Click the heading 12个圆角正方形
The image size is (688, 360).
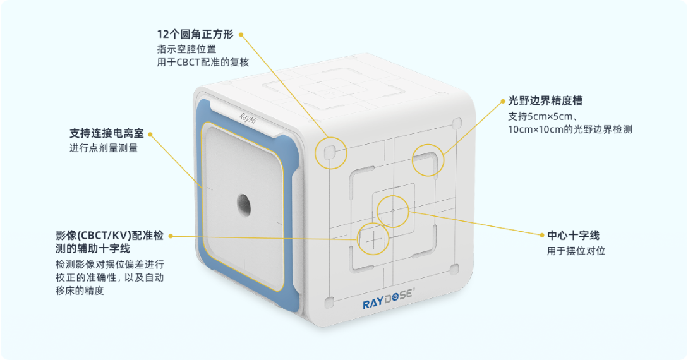195,34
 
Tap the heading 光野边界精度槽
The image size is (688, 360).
545,101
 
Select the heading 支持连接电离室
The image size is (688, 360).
106,134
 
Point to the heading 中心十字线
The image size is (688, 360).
573,236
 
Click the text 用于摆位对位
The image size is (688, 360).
576,251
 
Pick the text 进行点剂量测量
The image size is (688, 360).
103,148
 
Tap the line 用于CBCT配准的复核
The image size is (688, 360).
203,62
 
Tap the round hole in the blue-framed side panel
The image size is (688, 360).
244,203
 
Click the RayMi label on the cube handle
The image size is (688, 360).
248,117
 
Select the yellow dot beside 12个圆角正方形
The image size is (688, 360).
241,34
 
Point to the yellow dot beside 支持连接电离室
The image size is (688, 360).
150,134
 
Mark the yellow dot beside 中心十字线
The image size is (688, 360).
541,236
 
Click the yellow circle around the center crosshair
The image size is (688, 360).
393,210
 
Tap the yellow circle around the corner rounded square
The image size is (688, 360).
331,152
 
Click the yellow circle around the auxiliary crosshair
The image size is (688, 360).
373,239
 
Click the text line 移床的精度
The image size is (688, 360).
80,291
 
